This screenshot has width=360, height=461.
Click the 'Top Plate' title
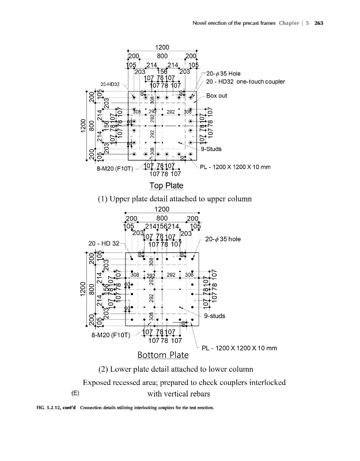coord(166,186)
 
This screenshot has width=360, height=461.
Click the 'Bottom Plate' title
coord(166,354)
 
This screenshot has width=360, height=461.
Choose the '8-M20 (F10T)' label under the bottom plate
coord(112,335)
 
